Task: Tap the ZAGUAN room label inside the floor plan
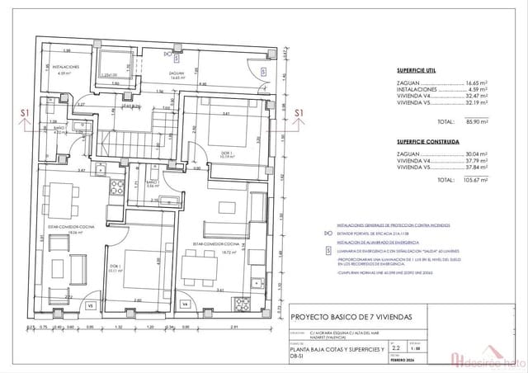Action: click(x=176, y=73)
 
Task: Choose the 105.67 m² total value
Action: click(x=474, y=179)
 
